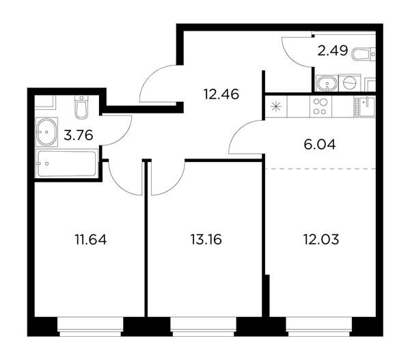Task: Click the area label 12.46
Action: [221, 94]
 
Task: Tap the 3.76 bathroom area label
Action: [79, 136]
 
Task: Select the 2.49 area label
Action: [333, 51]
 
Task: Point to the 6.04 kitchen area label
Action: [320, 145]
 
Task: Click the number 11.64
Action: [91, 240]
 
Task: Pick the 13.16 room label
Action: [206, 240]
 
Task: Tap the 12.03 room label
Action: [321, 240]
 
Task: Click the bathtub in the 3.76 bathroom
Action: [67, 163]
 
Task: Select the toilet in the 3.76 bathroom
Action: [81, 107]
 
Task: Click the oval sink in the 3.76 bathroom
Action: [46, 132]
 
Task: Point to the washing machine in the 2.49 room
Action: [350, 83]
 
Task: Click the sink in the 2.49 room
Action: [327, 83]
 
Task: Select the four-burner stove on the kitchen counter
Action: [320, 107]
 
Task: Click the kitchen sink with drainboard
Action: [365, 106]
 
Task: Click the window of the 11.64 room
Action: [90, 327]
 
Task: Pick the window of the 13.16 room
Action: [204, 327]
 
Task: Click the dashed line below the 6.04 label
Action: [320, 169]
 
